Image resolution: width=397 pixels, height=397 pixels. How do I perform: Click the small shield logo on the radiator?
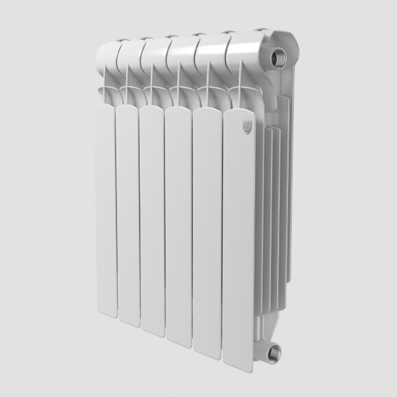click(x=248, y=127)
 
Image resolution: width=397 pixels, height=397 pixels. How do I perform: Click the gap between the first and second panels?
click(x=114, y=205)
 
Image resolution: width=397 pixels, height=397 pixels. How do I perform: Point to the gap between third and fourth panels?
click(x=164, y=219)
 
